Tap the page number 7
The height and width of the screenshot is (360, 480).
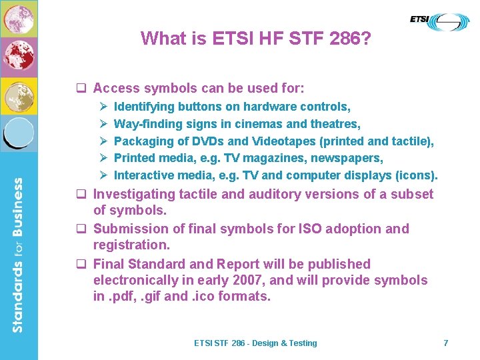coord(446,343)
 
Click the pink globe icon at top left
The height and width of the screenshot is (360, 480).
coord(19,19)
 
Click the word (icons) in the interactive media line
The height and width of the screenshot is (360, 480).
coord(416,176)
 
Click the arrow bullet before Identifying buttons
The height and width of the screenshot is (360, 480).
coord(103,107)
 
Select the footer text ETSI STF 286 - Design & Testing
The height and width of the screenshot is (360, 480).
coord(255,343)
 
